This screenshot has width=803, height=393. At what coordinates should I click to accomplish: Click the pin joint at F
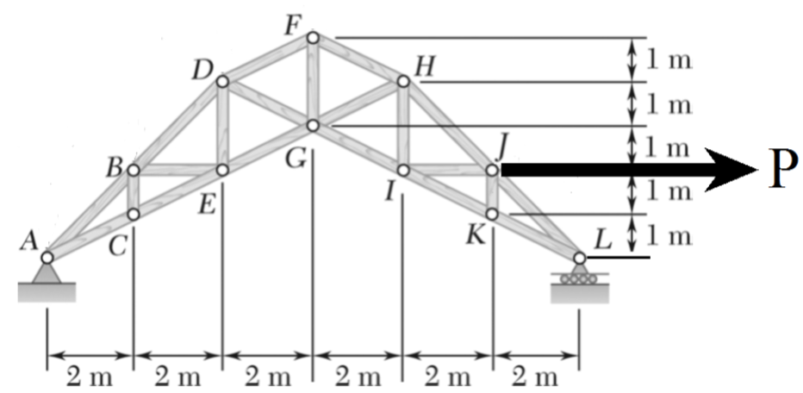click(313, 37)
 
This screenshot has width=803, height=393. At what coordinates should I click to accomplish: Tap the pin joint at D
click(222, 81)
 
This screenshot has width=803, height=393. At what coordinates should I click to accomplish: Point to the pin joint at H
click(402, 81)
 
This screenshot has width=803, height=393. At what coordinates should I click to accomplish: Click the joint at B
click(134, 171)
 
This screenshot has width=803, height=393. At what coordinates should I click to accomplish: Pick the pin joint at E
click(222, 171)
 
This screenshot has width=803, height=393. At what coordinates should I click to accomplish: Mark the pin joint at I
click(402, 171)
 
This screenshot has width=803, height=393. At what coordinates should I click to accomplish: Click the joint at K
click(491, 214)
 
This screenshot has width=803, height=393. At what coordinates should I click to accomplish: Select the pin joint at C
click(134, 214)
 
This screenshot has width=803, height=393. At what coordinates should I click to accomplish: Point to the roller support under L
click(579, 278)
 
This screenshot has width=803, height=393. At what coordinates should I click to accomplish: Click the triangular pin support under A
click(47, 273)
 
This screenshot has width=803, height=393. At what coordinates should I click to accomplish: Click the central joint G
click(313, 126)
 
